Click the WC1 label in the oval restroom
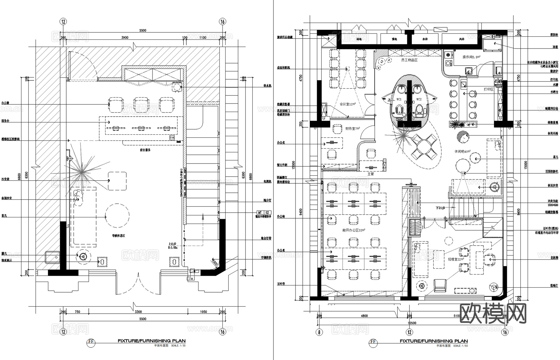pyautogui.click(x=399, y=99)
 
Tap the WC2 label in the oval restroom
pyautogui.click(x=419, y=99)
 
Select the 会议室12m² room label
pyautogui.click(x=348, y=104)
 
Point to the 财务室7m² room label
pyautogui.click(x=352, y=128)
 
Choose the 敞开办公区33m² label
pyautogui.click(x=354, y=230)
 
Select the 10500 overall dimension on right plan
pyautogui.click(x=412, y=323)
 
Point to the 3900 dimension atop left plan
pyautogui.click(x=124, y=38)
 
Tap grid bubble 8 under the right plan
pyautogui.click(x=319, y=332)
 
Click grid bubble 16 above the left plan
pyautogui.click(x=222, y=21)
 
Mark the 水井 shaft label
pyautogui.click(x=425, y=39)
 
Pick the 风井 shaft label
pyautogui.click(x=462, y=39)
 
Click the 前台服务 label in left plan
pyautogui.click(x=145, y=150)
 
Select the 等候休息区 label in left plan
pyautogui.click(x=119, y=236)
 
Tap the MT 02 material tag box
pyautogui.click(x=263, y=213)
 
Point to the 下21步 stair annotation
pyautogui.click(x=441, y=208)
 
